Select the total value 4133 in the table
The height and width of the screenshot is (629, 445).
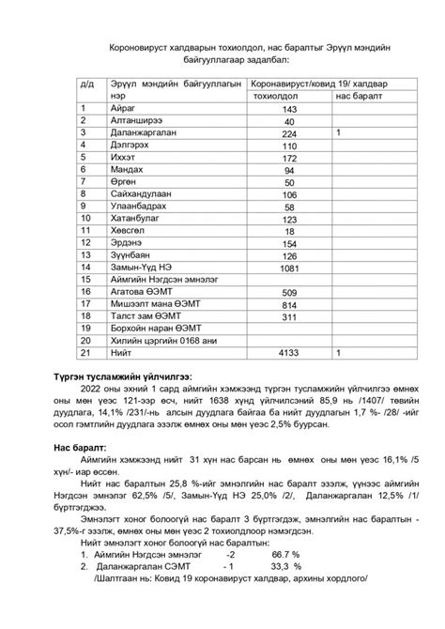tap(289, 352)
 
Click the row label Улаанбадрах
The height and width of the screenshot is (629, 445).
tap(137, 207)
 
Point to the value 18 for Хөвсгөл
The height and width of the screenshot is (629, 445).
tap(289, 232)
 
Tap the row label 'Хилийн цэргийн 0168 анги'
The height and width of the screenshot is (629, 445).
tap(163, 340)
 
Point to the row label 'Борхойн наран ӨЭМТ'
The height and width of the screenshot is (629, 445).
tap(154, 328)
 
